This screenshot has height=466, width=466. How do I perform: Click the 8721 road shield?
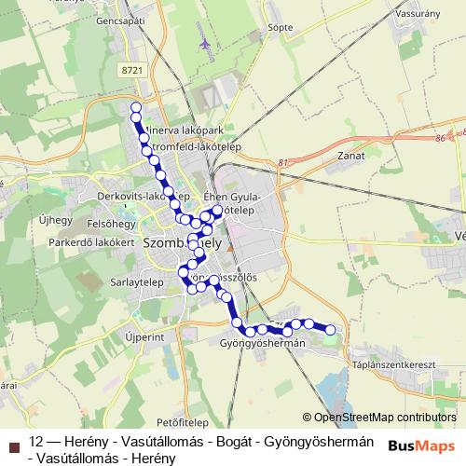point(133,70)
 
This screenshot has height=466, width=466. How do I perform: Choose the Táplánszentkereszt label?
point(390,364)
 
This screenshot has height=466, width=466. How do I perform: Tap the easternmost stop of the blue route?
point(330,328)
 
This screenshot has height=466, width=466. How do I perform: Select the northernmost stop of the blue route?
point(136,107)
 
